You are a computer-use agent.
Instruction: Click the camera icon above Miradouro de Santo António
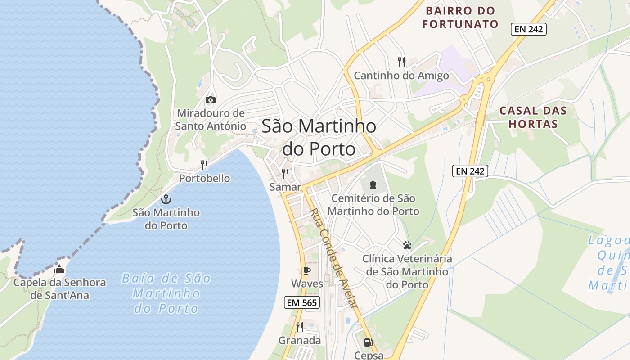point(210,100)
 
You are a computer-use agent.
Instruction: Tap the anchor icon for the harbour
point(166,199)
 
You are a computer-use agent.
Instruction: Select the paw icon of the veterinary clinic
point(407,246)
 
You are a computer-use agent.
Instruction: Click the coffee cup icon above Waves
point(307,270)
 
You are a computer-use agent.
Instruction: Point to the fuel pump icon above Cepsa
point(368,342)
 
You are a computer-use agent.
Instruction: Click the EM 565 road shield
point(302,303)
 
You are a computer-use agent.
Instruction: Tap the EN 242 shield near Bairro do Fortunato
point(529,30)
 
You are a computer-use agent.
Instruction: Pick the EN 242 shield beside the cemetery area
point(470,171)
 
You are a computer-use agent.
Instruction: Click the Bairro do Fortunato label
point(460,17)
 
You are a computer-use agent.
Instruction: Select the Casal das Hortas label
point(533,117)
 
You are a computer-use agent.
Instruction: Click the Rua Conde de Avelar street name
point(333,258)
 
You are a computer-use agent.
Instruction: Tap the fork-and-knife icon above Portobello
point(204,165)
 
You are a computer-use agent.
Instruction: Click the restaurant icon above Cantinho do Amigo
point(401,62)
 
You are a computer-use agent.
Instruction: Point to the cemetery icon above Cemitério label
point(373,184)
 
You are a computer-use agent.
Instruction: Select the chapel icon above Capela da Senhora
point(59,270)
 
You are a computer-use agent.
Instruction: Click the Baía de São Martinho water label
point(166,293)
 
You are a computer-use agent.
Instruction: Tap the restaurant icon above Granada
point(300,327)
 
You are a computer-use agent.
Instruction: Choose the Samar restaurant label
point(285,186)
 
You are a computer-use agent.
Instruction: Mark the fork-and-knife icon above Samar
point(285,173)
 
